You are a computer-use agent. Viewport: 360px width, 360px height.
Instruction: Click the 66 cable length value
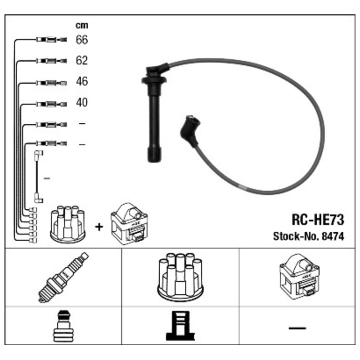click(x=82, y=40)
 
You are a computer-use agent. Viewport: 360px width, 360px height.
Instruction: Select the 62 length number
click(x=82, y=60)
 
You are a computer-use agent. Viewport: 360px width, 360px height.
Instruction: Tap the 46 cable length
click(x=82, y=81)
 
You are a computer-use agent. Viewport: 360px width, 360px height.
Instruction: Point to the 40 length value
click(x=82, y=103)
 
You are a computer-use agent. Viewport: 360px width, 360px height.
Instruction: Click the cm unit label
click(x=82, y=25)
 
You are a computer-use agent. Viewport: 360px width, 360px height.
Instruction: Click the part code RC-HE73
click(x=318, y=220)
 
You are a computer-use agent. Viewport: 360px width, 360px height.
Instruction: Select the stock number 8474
click(x=333, y=236)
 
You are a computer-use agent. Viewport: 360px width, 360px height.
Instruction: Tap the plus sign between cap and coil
click(x=99, y=227)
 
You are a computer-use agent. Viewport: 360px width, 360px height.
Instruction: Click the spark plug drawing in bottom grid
click(x=63, y=277)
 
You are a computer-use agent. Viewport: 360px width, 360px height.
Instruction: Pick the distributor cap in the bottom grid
click(x=180, y=277)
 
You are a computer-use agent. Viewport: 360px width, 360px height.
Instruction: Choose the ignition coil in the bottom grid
click(x=299, y=276)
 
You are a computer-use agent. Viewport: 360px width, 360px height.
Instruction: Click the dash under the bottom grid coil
click(x=297, y=328)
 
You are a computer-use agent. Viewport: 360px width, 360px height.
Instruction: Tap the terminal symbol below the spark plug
click(x=63, y=326)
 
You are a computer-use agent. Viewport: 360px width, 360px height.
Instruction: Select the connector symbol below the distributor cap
click(x=180, y=326)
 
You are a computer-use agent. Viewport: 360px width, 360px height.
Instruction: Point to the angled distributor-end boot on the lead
click(x=189, y=130)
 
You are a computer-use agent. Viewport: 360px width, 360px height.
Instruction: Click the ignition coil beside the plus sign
click(x=129, y=223)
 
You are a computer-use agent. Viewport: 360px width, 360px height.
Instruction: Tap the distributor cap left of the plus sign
click(x=68, y=224)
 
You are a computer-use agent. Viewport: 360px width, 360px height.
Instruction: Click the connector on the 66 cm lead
click(x=51, y=40)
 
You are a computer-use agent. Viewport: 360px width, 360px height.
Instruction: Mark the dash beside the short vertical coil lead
click(x=47, y=178)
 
